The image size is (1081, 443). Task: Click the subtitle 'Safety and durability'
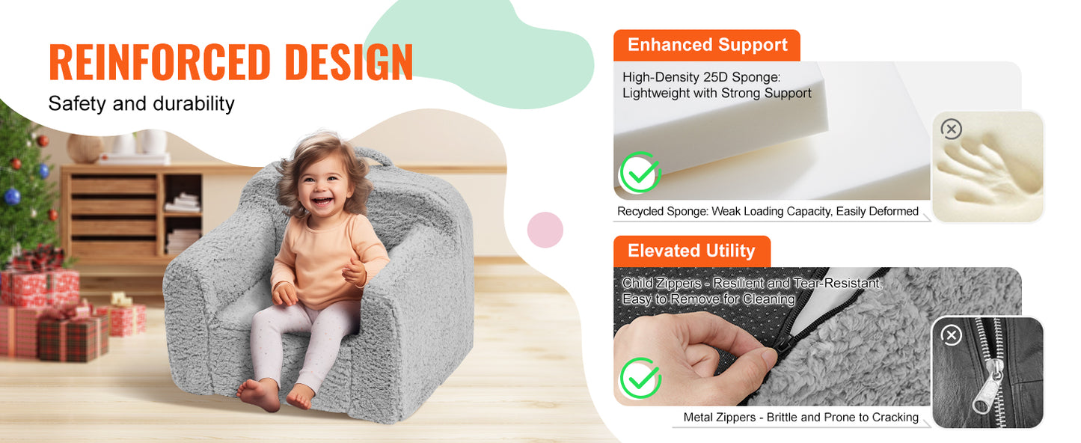[x=141, y=103]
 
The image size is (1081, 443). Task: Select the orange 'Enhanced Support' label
[x=707, y=45]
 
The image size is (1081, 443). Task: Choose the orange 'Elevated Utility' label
[x=691, y=251]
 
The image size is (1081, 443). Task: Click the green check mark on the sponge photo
[x=640, y=172]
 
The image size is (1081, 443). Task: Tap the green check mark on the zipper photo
[x=640, y=378]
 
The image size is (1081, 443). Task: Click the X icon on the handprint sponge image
[x=951, y=129]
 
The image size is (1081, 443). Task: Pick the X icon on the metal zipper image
[x=951, y=334]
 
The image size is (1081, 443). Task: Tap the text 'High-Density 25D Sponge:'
[x=701, y=77]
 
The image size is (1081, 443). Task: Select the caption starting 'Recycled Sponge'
[x=768, y=212]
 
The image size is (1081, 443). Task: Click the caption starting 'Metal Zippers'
[x=800, y=418]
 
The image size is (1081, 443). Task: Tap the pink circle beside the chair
[x=545, y=230]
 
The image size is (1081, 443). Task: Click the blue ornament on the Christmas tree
[x=12, y=197]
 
